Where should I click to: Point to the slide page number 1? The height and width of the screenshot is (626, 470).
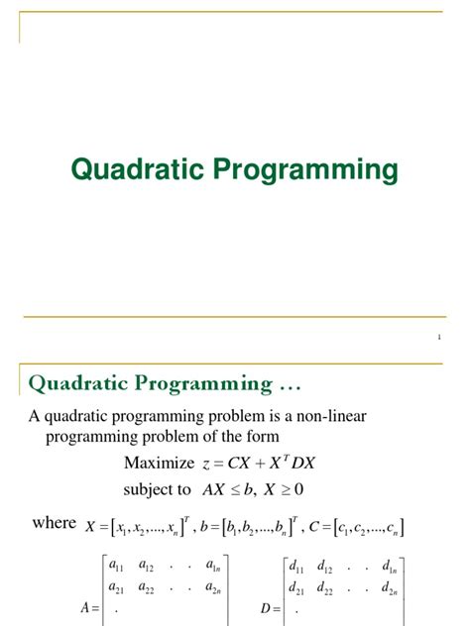[438, 339]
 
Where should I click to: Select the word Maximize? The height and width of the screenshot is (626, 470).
[156, 464]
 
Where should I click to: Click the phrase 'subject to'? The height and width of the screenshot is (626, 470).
[157, 488]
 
